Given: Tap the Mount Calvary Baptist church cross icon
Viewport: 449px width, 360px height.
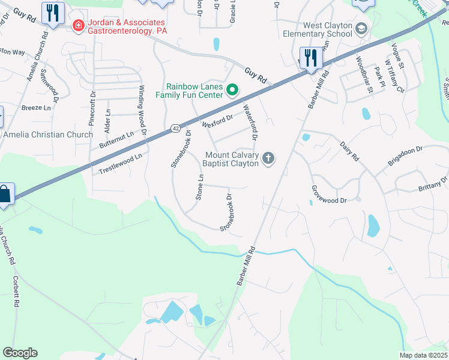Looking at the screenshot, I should [x=269, y=158].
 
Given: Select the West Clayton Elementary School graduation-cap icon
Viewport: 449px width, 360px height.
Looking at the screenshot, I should [x=361, y=28].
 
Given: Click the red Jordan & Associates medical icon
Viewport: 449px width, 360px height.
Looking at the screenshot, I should [x=77, y=25].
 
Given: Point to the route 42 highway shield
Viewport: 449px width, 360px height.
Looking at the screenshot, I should [x=173, y=128].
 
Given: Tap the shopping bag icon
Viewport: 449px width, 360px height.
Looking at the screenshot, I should [x=4, y=194].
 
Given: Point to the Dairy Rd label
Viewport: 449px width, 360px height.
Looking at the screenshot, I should [x=349, y=149].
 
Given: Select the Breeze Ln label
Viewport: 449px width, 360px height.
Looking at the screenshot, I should [x=36, y=108].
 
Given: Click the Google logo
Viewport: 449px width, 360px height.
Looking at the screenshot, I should [x=20, y=353].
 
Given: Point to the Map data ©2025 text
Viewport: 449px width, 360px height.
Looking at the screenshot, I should [x=423, y=355].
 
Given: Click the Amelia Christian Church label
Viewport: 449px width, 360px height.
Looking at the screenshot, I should [x=48, y=134].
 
